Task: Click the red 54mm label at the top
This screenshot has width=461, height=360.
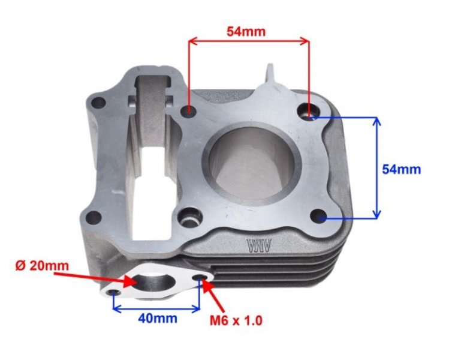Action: (246, 31)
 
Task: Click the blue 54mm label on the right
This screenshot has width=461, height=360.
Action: (401, 169)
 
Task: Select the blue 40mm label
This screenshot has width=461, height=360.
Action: (157, 319)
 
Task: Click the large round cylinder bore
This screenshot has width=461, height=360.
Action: (251, 163)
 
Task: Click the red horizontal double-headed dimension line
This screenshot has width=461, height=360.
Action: (249, 41)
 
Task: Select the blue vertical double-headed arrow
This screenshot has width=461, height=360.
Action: (376, 167)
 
